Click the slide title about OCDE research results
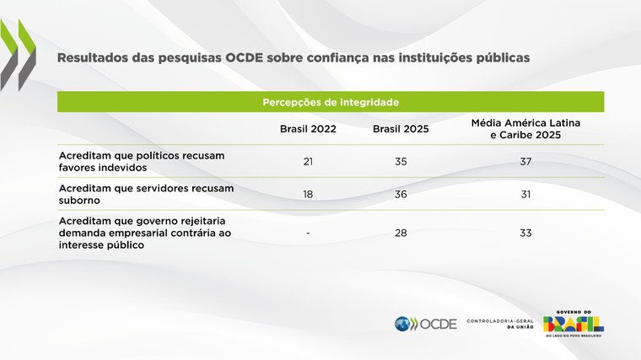[x=294, y=59]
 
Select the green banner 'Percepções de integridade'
[x=331, y=102]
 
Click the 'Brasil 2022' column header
[x=308, y=129]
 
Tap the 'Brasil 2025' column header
[x=400, y=129]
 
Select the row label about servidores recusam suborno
[x=134, y=194]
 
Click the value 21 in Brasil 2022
[x=308, y=161]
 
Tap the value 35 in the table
[x=400, y=161]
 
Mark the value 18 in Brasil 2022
[x=308, y=194]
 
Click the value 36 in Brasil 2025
[x=400, y=194]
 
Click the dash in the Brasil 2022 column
[x=308, y=233]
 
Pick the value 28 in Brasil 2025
[x=400, y=233]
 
